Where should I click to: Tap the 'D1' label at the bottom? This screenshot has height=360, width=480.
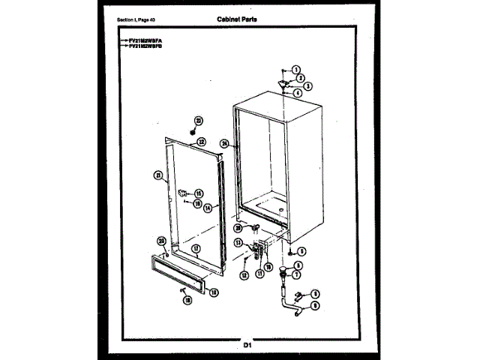click(x=247, y=344)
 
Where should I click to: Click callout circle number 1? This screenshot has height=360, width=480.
click(x=295, y=70)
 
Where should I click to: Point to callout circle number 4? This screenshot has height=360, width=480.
click(x=298, y=94)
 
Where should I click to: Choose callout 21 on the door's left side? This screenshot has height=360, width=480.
click(x=157, y=175)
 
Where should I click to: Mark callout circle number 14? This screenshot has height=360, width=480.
click(x=208, y=208)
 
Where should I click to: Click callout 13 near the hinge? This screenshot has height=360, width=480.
click(x=239, y=243)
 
